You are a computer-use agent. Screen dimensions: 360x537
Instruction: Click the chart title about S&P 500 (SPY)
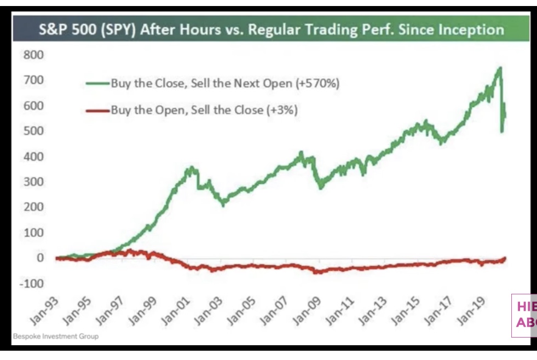pos(272,29)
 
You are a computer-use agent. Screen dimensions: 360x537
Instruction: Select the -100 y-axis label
pos(32,283)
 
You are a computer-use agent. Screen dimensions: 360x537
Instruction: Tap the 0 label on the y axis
pos(39,258)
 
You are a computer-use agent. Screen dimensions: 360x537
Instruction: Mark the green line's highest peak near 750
pos(499,68)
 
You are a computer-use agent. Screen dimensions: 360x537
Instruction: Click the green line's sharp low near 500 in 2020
pos(501,131)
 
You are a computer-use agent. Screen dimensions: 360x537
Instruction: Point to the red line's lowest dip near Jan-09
pos(316,272)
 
